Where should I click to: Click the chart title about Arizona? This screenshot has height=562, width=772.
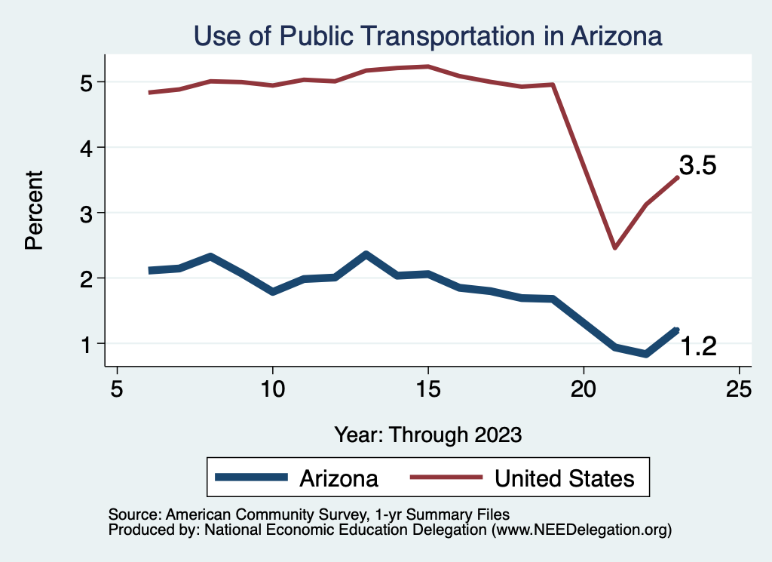click(427, 36)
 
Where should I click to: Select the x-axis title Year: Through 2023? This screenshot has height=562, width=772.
click(428, 435)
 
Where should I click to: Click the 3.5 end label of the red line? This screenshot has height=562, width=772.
click(697, 166)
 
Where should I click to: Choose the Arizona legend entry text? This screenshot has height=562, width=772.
click(339, 478)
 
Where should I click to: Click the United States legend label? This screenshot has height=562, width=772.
click(564, 478)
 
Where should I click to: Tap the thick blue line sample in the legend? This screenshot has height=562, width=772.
click(251, 477)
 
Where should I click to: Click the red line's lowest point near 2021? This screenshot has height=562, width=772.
click(615, 247)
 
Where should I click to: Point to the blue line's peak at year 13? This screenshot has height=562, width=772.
click(366, 255)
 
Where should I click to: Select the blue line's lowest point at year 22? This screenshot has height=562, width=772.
click(646, 354)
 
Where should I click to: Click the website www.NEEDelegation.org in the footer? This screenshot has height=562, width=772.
click(581, 530)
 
